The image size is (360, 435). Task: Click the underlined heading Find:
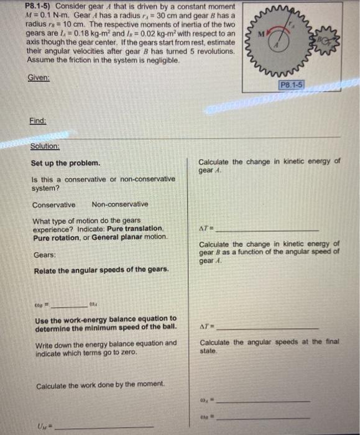[37, 122]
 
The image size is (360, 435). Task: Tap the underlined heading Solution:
[45, 147]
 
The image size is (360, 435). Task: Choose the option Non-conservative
[120, 204]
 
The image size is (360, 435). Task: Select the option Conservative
[53, 204]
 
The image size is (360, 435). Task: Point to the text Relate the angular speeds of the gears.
[101, 269]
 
